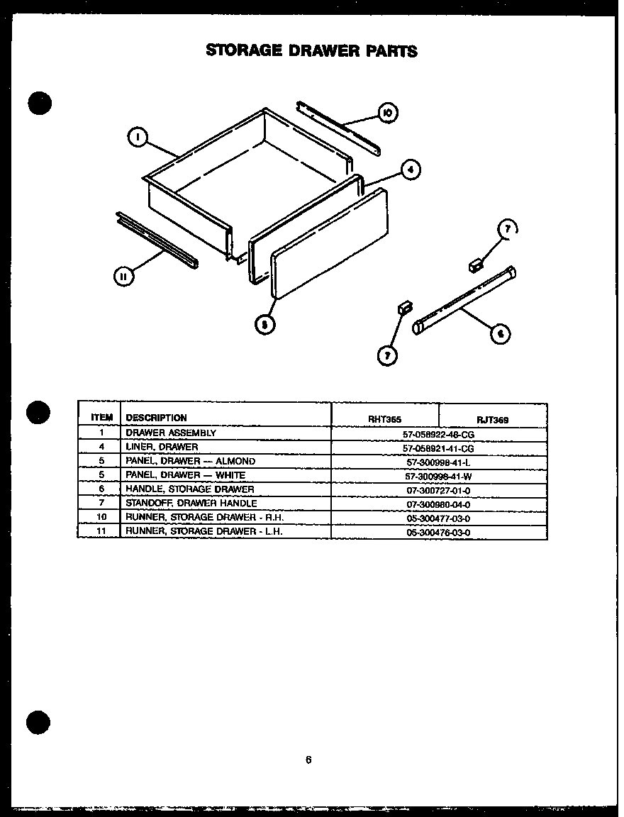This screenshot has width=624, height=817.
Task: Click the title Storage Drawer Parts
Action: point(311,50)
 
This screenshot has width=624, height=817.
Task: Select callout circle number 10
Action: point(387,112)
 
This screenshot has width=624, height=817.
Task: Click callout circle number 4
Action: point(409,170)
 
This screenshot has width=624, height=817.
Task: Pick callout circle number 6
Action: point(501,333)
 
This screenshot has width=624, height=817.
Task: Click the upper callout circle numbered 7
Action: point(507,229)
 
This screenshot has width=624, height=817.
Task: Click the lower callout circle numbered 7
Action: point(387,354)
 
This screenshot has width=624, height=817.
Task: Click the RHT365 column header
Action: point(385,419)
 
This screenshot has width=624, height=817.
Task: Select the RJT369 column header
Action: point(492,420)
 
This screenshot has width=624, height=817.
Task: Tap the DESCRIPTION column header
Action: point(157,418)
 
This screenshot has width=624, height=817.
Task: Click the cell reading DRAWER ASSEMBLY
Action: point(171,433)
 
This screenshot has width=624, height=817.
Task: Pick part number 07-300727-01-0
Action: point(438,490)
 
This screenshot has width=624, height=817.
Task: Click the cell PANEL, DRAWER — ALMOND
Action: point(190,461)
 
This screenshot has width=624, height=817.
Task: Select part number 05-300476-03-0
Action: point(438,532)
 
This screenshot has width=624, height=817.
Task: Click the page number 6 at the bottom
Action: point(308,760)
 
